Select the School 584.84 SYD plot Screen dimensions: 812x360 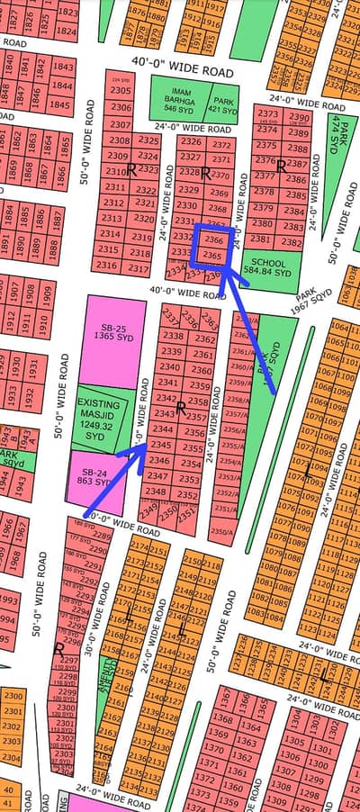pos(267,266)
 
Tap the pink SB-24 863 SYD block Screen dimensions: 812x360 pos(94,477)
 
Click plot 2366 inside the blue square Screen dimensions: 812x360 pos(213,241)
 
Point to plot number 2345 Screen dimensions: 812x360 pos(161,445)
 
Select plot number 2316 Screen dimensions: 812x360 pos(108,266)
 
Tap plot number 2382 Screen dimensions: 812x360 pos(291,243)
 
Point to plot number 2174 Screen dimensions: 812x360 pos(140,547)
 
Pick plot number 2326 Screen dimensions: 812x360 pos(190,141)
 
